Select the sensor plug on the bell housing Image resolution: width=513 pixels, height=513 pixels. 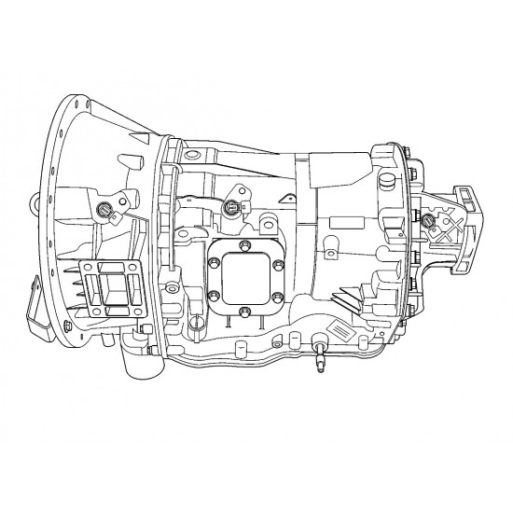(x=105, y=209)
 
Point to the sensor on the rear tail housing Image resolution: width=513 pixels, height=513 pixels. (x=428, y=220)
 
